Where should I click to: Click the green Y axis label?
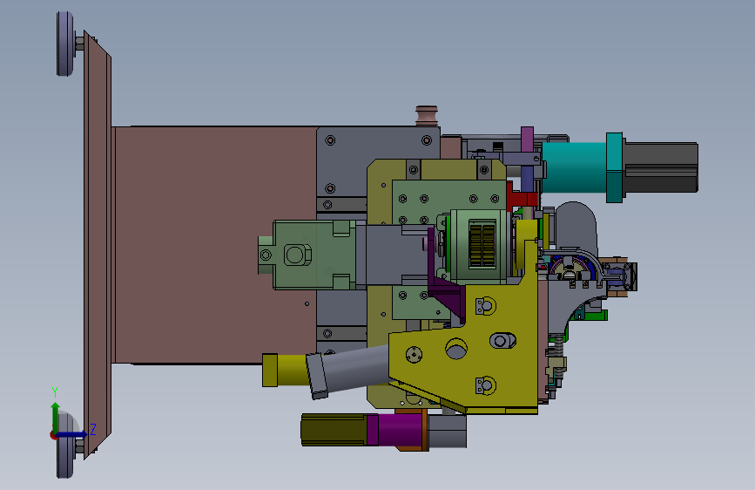(55, 392)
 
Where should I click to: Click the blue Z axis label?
(93, 429)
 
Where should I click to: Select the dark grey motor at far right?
(660, 167)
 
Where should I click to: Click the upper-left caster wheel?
(65, 44)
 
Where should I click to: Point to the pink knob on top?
(427, 116)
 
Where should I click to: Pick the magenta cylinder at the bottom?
(396, 429)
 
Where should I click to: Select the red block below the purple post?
(522, 198)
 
